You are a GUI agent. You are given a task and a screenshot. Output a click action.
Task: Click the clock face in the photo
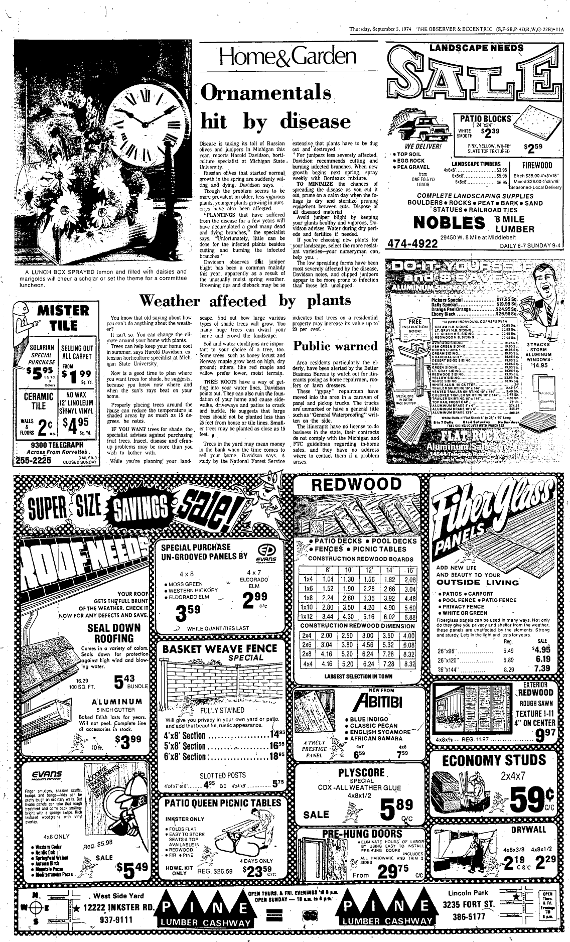147,116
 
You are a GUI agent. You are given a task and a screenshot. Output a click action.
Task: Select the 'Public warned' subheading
335,346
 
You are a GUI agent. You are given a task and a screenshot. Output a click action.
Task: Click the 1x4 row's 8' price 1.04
328,579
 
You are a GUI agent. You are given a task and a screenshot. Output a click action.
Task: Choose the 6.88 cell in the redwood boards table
409,617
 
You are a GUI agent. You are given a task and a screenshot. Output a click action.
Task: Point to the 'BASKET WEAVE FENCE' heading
220,648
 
